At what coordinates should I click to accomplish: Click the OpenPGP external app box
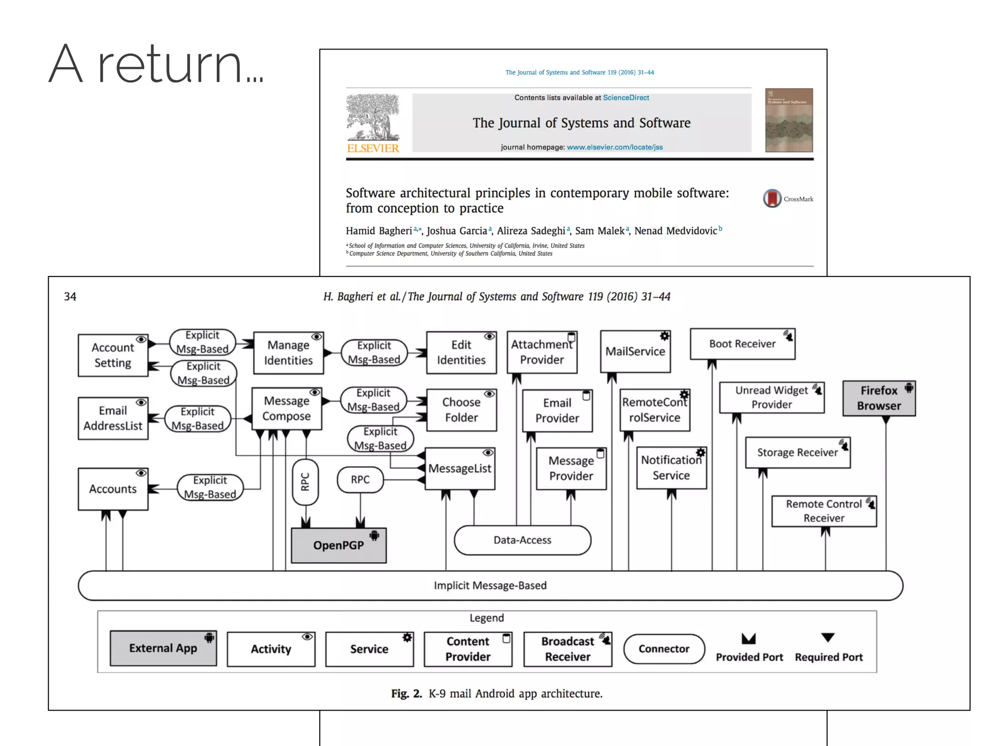point(339,545)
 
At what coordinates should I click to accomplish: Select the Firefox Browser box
point(878,398)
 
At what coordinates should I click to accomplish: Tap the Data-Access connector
point(522,540)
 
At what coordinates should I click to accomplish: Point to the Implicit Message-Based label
point(490,585)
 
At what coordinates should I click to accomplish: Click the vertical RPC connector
point(305,482)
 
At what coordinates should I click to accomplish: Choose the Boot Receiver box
point(742,344)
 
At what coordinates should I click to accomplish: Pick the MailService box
point(635,352)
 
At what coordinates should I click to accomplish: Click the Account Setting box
point(113,355)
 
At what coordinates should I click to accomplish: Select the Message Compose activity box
point(286,408)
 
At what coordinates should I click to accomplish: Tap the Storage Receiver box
point(797,453)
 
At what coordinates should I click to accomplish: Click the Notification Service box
point(671,468)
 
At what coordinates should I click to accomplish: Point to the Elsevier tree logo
point(373,118)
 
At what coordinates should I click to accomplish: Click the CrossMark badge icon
point(772,199)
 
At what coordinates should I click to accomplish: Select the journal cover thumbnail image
point(789,120)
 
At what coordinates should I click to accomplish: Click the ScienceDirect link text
point(626,98)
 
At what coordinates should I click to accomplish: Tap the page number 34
point(70,296)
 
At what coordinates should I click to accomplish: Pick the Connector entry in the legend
point(663,649)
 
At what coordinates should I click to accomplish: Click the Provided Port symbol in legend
point(748,639)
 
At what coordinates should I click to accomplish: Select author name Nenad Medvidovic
point(675,231)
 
